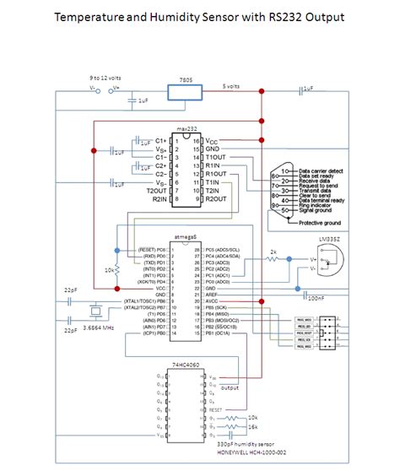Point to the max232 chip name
pos(186,129)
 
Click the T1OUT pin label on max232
pos(217,157)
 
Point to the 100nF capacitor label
pos(314,298)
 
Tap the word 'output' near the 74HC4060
pos(230,387)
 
